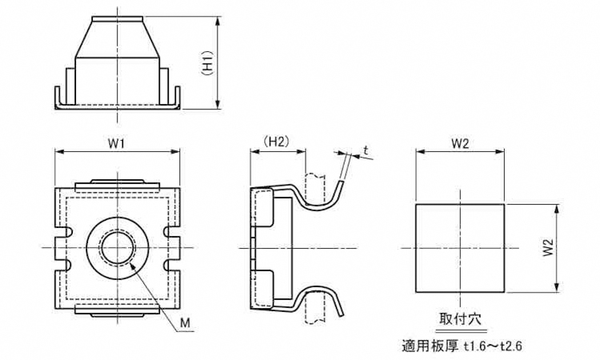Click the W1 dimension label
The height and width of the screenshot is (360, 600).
coord(118,144)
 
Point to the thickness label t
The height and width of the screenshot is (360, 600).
coord(365,150)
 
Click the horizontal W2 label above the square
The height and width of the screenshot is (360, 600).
coord(459,144)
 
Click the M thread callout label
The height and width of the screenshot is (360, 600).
coord(185,322)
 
